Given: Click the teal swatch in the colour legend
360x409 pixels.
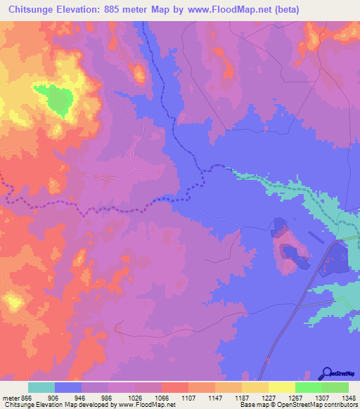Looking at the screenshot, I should [x=41, y=387].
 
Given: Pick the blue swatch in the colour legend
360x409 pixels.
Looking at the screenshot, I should [x=67, y=387].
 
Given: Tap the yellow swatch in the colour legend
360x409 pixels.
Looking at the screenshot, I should [x=281, y=387].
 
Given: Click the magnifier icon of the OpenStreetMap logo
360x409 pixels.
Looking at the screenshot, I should [x=327, y=373].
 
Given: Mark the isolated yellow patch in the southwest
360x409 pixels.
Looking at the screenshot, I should [x=13, y=303].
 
